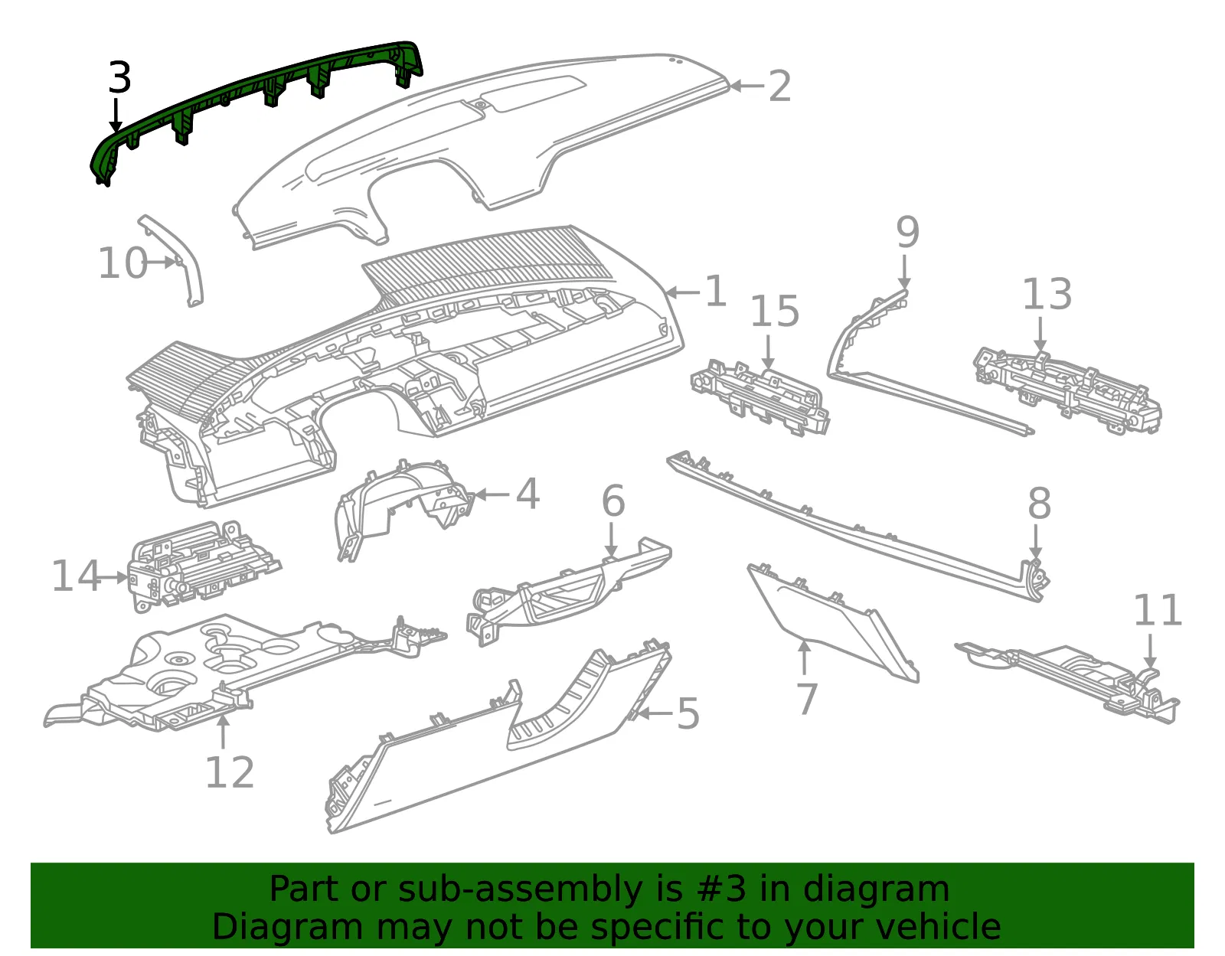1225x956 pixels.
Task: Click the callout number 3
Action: click(120, 78)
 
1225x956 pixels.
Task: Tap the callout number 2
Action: click(779, 86)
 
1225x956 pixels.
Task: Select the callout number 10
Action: click(123, 263)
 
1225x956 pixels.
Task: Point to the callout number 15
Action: click(775, 311)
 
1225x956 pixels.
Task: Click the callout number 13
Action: click(1047, 294)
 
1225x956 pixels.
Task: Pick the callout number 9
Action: click(907, 231)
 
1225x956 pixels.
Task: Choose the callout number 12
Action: click(230, 772)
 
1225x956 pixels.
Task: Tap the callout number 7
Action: click(807, 699)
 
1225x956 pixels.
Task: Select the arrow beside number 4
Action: click(492, 495)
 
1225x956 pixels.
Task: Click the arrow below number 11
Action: click(1151, 652)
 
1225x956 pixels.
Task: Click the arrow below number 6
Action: click(612, 539)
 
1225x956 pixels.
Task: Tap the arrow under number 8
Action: click(1036, 541)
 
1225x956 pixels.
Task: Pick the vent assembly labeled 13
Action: click(1067, 391)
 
